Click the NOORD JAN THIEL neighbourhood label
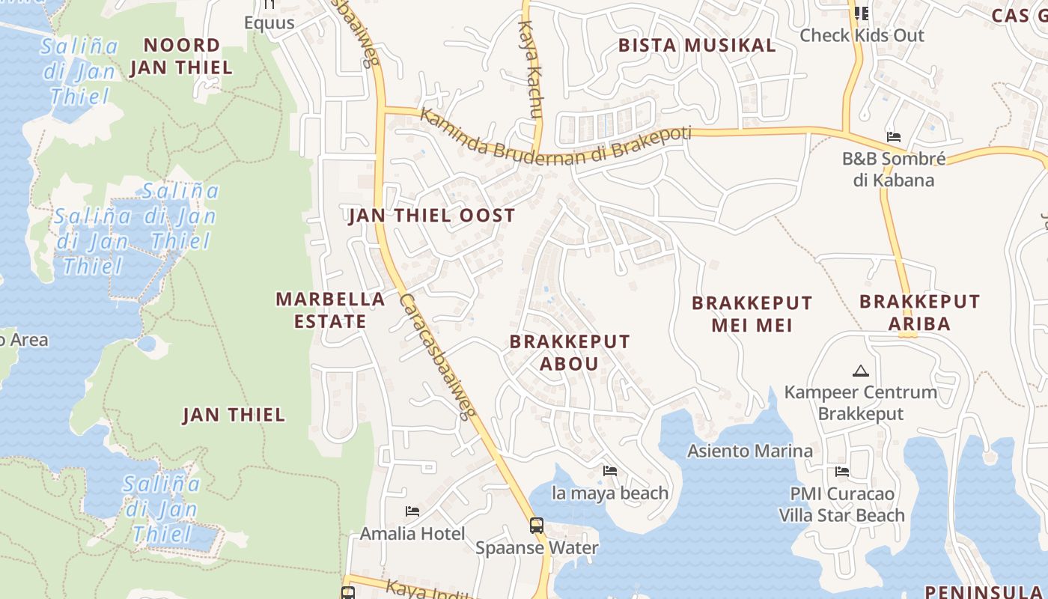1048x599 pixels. [x=181, y=56]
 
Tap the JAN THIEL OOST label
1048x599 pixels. [x=432, y=216]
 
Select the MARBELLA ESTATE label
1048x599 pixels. [x=330, y=310]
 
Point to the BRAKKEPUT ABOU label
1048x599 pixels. [x=570, y=353]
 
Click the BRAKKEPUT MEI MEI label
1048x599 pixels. [x=752, y=314]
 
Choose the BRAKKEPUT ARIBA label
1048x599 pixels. [x=919, y=312]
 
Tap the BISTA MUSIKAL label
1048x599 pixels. [x=697, y=45]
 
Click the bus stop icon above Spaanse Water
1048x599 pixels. [x=537, y=525]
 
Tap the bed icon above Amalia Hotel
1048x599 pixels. [x=412, y=511]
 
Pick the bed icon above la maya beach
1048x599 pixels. [x=610, y=471]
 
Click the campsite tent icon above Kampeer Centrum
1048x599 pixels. [x=860, y=371]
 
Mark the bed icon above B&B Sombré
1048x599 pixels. [x=893, y=137]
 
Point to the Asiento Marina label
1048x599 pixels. [x=750, y=451]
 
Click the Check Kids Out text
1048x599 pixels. [x=862, y=35]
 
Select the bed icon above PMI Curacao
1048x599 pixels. [x=841, y=472]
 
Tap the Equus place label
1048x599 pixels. [x=269, y=23]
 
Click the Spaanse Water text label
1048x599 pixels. [x=537, y=547]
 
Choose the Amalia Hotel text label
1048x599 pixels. [x=412, y=534]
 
